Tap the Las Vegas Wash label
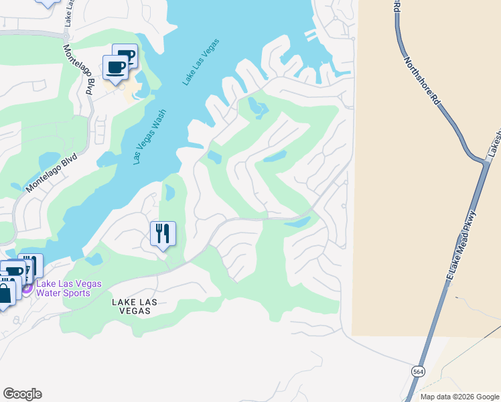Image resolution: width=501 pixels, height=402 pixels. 149,137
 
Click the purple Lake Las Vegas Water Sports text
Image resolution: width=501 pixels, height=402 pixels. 68,288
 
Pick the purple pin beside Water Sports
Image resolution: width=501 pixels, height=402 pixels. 27,288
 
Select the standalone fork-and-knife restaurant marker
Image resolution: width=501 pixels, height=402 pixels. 163,234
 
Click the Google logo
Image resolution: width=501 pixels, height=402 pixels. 22,394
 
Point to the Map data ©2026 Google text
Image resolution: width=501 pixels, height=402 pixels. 459,397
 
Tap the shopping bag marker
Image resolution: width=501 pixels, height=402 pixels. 5,293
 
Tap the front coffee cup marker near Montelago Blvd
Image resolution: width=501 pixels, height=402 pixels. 115,68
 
